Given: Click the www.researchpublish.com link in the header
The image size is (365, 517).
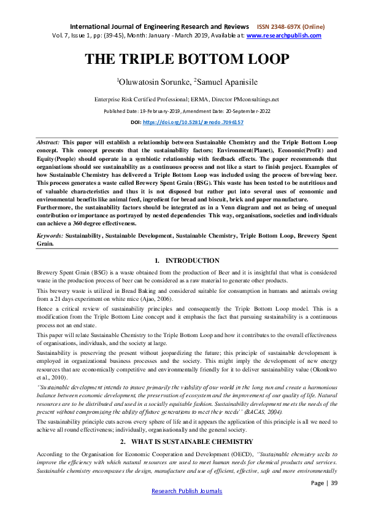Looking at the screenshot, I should coord(283,36).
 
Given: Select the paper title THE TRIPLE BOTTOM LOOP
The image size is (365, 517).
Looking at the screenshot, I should coord(186,60).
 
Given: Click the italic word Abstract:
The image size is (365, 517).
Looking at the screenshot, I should coord(48,141).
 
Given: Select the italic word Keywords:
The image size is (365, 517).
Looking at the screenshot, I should coord(50,235).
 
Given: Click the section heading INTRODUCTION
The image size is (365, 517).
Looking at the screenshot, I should coord(193,261).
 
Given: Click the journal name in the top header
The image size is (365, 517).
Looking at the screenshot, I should coord(159,27).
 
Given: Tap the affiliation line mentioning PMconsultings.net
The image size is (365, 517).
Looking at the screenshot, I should coord(186,99).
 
